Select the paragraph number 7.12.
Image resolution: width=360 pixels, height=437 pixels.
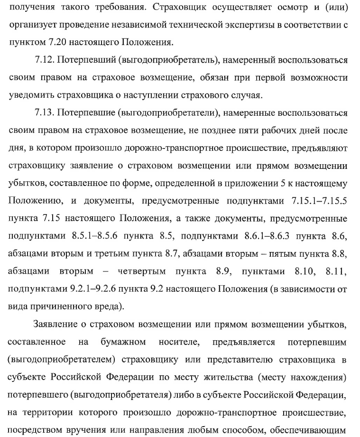point(46,60)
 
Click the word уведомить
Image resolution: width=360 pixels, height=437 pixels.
point(31,95)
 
